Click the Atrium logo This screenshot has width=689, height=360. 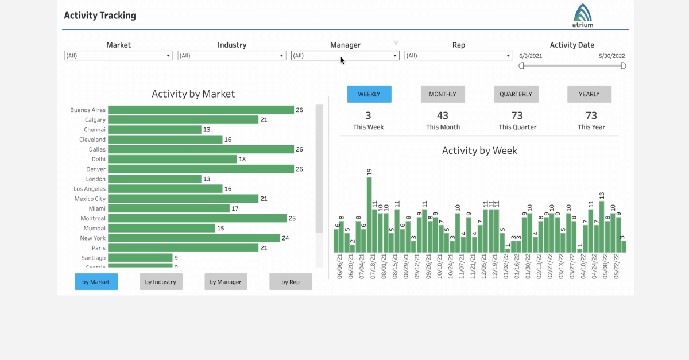coord(583,16)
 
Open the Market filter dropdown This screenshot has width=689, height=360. coord(118,56)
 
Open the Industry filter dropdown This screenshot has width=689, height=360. coord(231,56)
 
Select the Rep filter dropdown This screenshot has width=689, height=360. coord(458,56)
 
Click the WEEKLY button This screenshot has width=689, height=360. coord(369,94)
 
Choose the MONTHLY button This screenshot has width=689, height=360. coord(443,94)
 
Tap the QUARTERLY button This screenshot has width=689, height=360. coord(516,94)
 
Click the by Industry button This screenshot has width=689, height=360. coord(161,282)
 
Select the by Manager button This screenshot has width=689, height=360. coord(226,282)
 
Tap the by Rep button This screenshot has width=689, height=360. coord(291,282)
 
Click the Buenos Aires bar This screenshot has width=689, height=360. coord(201,110)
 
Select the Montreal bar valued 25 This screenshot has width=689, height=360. coord(197,218)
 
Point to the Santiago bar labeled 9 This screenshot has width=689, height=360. coord(140,258)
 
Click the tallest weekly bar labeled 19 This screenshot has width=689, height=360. coord(369,214)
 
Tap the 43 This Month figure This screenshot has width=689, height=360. coord(443,116)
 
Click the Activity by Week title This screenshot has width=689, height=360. coord(479,151)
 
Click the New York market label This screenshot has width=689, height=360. coord(92,238)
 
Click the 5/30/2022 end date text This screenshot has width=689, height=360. coord(611,56)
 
